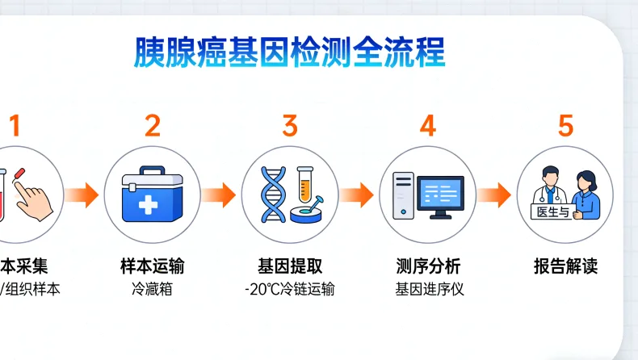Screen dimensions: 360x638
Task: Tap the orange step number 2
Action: point(153,126)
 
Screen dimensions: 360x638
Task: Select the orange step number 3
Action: point(290,126)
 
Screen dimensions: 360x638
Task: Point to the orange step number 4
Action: point(428,126)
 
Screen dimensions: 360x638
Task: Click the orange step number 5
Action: point(565,126)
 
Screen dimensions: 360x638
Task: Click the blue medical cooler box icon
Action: point(152,196)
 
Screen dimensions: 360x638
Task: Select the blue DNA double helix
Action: point(275,195)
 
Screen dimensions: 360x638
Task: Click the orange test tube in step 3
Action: point(305,184)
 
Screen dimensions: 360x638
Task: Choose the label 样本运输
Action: point(153,266)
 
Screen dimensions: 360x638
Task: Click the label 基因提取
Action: point(290,266)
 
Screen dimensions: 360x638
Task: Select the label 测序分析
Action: point(428,266)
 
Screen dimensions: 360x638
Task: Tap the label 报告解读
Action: point(565,266)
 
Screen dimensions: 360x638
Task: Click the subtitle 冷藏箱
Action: point(153,288)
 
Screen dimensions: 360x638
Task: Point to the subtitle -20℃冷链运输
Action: point(290,289)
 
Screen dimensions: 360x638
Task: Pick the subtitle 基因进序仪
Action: point(428,289)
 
